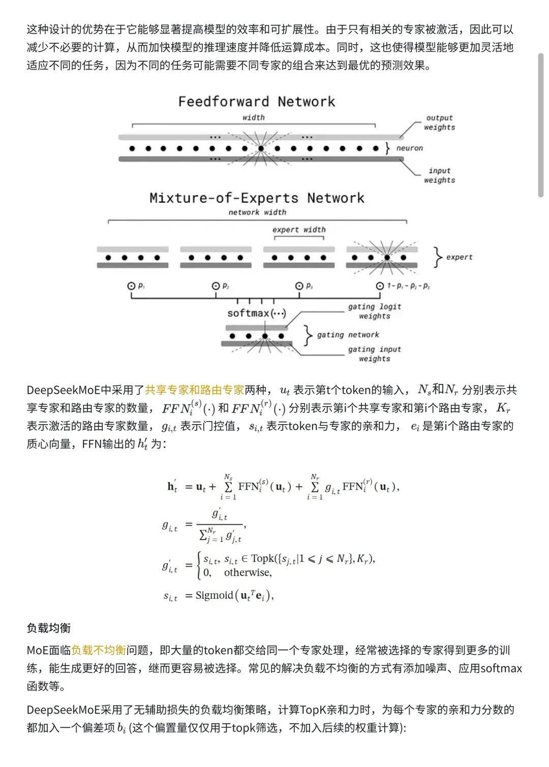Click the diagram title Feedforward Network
click(x=256, y=102)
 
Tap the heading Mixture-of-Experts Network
click(x=257, y=198)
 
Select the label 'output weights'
click(x=440, y=123)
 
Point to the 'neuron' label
click(x=410, y=148)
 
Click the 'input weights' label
click(x=440, y=175)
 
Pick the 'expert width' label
click(x=299, y=230)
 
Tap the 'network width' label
click(x=257, y=212)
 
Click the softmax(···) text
click(x=256, y=313)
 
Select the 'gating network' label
click(x=348, y=335)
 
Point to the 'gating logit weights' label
click(x=375, y=311)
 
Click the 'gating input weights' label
click(x=375, y=354)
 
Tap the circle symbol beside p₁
click(x=131, y=286)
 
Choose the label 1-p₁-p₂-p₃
click(x=408, y=286)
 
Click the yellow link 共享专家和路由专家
click(x=194, y=390)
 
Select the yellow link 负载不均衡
click(x=98, y=650)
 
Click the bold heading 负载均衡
click(x=48, y=628)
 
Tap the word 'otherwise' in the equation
click(x=248, y=573)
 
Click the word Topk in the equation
click(x=262, y=558)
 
